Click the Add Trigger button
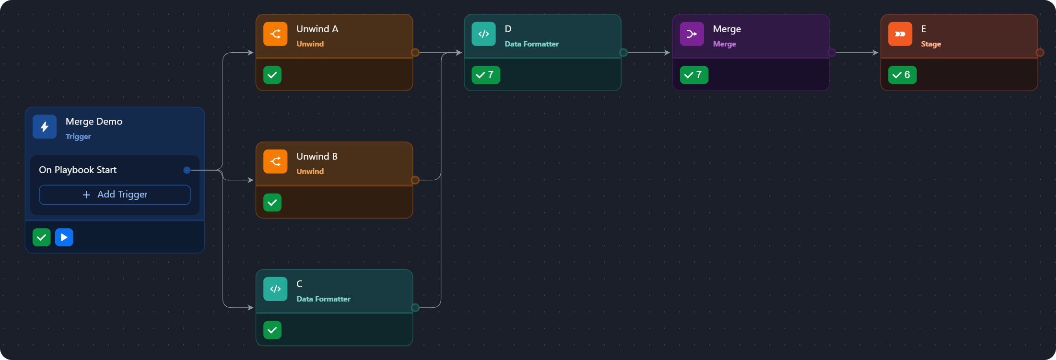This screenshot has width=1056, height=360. coord(115,195)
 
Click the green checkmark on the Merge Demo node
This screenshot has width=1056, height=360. coord(42,237)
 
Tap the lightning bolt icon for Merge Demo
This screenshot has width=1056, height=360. coord(45,127)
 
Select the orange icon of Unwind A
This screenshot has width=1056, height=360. coord(275,34)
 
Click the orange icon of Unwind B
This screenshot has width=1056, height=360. coord(275,162)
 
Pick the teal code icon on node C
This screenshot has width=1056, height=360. coord(275,289)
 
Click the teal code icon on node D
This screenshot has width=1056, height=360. coord(483,34)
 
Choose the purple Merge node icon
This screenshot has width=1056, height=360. coord(692,34)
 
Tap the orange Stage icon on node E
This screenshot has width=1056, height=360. coord(900,34)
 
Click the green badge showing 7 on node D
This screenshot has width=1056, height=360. coord(485,75)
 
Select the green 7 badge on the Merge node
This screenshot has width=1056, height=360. coord(693,75)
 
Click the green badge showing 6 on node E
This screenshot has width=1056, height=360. coord(902,75)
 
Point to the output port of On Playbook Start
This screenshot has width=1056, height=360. coord(187,170)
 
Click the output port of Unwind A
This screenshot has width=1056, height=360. coord(415,53)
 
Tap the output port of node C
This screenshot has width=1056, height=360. coord(415,308)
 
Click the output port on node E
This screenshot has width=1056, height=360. coord(1040,53)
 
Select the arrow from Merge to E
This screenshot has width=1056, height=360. coord(856,53)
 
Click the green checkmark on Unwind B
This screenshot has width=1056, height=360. coord(272,203)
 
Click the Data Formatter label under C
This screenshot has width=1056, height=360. coord(323,299)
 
